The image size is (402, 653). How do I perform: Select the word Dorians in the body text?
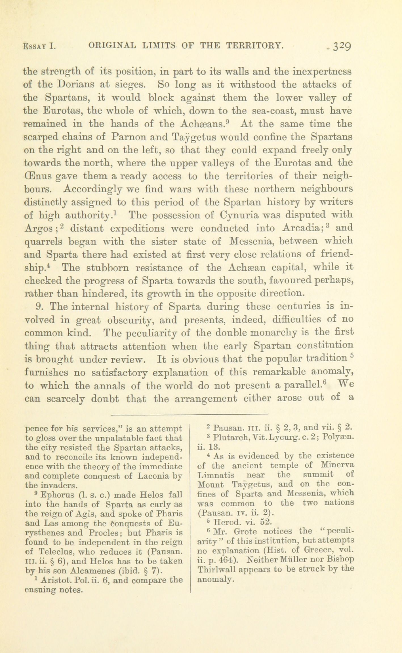(x=76, y=85)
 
